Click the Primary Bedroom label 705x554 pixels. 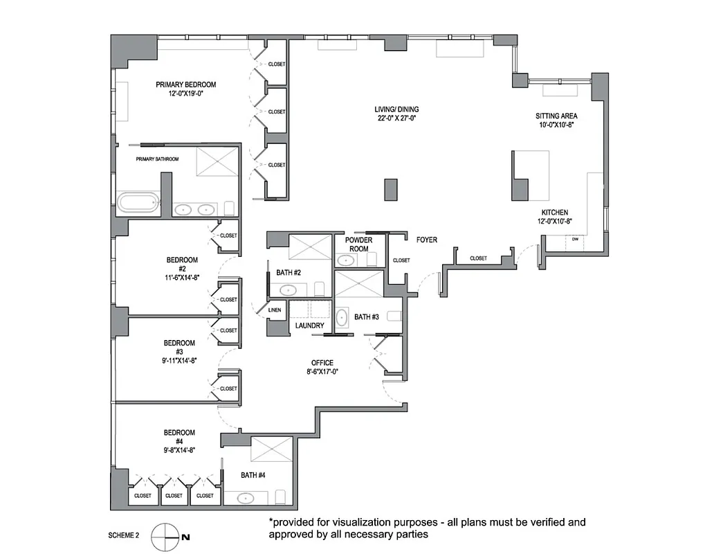[x=185, y=84]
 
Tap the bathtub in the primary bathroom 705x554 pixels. [x=138, y=203]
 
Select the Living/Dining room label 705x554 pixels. [x=397, y=109]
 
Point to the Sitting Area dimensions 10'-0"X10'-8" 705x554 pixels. [x=556, y=125]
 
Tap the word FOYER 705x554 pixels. [x=426, y=240]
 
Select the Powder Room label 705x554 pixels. [x=358, y=244]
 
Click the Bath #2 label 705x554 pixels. [x=288, y=273]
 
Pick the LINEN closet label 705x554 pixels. [x=275, y=310]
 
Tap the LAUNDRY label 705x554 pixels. [x=309, y=325]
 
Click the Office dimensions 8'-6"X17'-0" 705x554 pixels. [x=322, y=372]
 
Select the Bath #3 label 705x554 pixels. [x=367, y=317]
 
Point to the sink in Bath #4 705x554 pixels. [x=246, y=497]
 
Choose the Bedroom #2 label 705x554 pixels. [x=182, y=265]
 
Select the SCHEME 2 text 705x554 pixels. [x=124, y=536]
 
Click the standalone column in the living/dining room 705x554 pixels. [x=391, y=189]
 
